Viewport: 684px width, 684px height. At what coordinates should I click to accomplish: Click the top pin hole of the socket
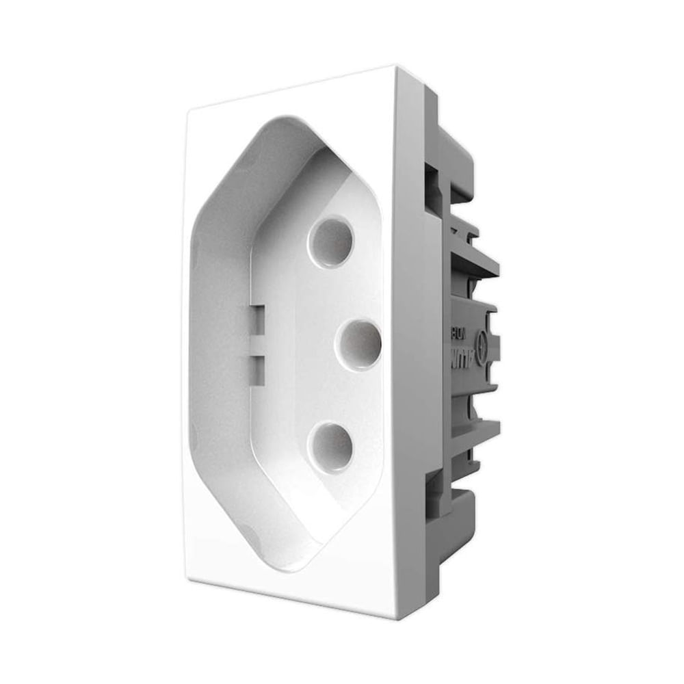coord(330,241)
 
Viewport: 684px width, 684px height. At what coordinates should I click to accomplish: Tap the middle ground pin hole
coord(358,345)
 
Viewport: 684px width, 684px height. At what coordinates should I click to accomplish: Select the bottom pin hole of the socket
coord(330,448)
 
